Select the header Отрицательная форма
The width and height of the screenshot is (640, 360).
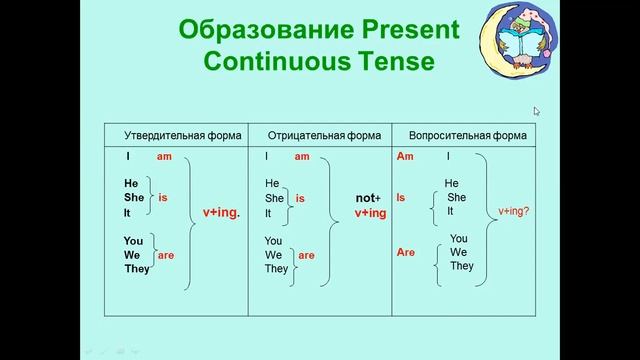click(x=318, y=135)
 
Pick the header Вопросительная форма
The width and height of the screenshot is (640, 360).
click(x=460, y=135)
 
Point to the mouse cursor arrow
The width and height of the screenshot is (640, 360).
click(x=537, y=112)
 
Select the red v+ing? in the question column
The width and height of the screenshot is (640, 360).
click(x=514, y=211)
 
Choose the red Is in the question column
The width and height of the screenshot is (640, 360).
click(x=401, y=198)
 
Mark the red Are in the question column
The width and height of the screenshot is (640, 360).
click(x=405, y=253)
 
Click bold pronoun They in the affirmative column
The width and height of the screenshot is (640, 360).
click(x=137, y=269)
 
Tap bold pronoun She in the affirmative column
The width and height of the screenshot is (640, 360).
click(x=133, y=198)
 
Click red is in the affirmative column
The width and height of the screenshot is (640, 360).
click(x=163, y=198)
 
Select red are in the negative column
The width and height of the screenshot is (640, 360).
click(x=307, y=255)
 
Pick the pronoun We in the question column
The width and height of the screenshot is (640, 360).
click(x=459, y=252)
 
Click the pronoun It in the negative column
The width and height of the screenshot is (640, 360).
click(x=268, y=213)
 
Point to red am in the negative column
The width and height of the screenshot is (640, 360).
click(x=302, y=157)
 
